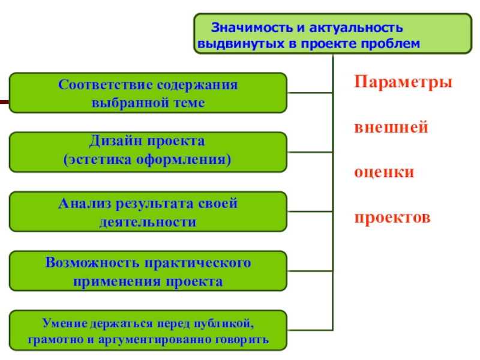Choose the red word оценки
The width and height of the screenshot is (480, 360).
tap(384, 172)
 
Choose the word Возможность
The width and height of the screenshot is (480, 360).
tap(91, 263)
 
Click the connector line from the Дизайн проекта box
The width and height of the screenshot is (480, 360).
tap(310, 152)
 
